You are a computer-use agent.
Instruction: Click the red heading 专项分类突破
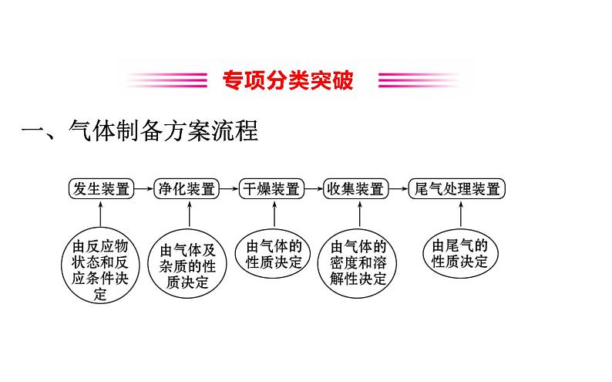point(288,80)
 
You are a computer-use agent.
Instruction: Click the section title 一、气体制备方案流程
point(139,131)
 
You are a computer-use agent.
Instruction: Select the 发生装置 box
point(100,189)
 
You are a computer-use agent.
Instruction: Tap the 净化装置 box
point(187,189)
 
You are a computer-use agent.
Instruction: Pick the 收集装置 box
point(355,189)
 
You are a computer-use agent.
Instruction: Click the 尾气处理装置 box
point(457,189)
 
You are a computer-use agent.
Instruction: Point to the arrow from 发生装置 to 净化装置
point(143,189)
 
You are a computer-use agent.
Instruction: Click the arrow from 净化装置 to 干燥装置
point(229,189)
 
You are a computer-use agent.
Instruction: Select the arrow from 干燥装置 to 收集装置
point(313,189)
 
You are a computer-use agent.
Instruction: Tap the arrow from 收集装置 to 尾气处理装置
point(397,189)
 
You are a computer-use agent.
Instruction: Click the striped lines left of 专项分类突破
point(166,80)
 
